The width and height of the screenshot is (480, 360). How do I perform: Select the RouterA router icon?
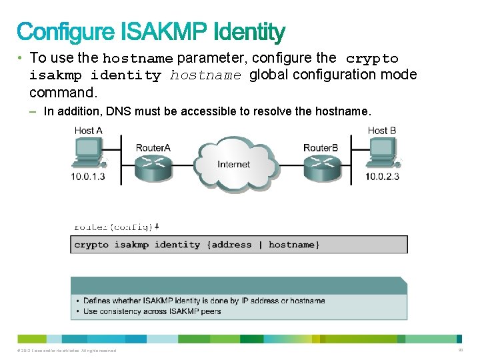[153, 167]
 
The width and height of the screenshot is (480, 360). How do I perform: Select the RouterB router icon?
[321, 167]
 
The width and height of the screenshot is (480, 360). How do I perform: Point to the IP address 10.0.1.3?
[88, 177]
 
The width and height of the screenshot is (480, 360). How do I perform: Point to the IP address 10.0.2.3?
[383, 177]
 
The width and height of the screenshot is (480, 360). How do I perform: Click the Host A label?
[88, 131]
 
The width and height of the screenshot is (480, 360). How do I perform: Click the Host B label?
[382, 131]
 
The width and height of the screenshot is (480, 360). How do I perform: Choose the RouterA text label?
[153, 147]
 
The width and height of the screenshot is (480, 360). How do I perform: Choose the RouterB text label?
[321, 147]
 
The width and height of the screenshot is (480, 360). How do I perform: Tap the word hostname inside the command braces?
[292, 245]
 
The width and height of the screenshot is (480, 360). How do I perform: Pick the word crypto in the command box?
[91, 245]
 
